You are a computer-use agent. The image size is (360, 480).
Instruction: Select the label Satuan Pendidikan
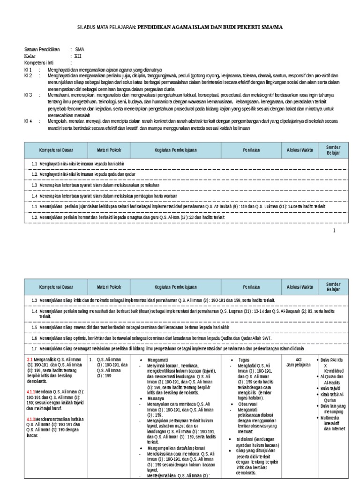(42, 49)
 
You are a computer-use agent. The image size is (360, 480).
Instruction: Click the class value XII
(78, 55)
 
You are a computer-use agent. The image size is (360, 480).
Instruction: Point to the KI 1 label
(28, 69)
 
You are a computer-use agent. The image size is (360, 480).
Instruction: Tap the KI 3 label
(28, 95)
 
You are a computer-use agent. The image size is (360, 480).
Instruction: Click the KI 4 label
(28, 120)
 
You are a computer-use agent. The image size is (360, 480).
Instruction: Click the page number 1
(334, 231)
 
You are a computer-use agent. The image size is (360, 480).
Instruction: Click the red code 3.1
(30, 359)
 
